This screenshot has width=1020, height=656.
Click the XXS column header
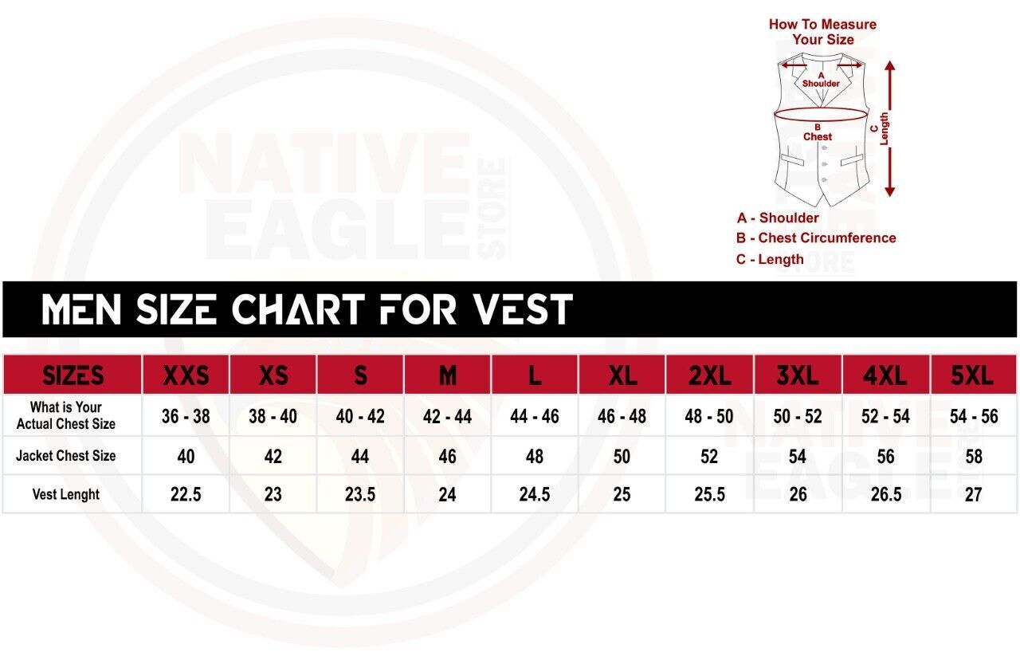[186, 375]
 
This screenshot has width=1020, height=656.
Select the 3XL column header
[798, 375]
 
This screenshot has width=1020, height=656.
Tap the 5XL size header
[973, 375]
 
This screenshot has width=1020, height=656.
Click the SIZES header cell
[73, 375]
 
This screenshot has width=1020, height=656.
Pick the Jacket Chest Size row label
[66, 456]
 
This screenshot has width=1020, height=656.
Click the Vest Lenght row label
[66, 494]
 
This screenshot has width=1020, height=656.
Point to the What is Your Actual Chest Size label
[66, 415]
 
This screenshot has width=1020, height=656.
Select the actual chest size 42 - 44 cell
[447, 416]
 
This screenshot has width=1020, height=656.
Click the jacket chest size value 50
[622, 457]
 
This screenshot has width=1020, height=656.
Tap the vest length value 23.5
[359, 495]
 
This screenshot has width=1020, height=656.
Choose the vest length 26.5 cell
[885, 495]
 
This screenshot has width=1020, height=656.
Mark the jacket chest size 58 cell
[974, 457]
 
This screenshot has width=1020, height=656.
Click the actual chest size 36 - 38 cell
[186, 416]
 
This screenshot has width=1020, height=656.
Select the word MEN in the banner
[82, 308]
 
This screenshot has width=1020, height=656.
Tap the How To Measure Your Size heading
[822, 32]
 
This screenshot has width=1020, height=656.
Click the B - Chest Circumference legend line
[815, 238]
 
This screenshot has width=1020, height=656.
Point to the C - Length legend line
[770, 259]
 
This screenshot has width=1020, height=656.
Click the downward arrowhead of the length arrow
[890, 192]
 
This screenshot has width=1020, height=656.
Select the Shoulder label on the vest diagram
[821, 84]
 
